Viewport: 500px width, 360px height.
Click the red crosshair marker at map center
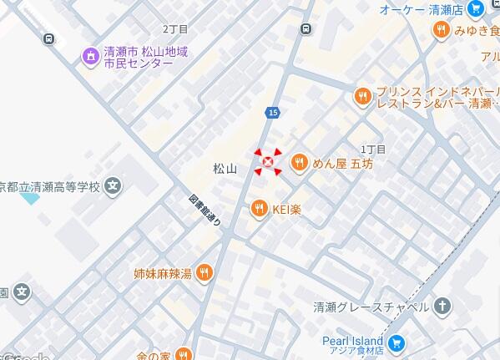point(268,161)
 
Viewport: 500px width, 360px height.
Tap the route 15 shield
point(274,112)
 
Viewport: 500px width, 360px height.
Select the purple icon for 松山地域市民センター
point(90,56)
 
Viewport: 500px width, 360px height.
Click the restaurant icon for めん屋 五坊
point(298,163)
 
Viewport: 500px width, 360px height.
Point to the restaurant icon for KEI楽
point(259,208)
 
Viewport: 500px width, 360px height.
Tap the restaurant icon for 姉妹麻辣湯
point(205,272)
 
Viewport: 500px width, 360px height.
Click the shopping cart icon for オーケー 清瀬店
point(476,9)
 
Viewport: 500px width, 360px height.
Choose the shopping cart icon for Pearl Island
point(396,342)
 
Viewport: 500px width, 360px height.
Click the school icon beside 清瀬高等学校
point(114,185)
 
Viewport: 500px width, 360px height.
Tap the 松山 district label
point(225,169)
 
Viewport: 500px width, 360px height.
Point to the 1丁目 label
point(373,149)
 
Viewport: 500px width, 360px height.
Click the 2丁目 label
point(175,29)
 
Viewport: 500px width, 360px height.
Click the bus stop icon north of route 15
point(306,29)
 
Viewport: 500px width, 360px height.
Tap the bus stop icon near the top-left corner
point(49,38)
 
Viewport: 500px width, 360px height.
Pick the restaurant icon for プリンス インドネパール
point(362,96)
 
